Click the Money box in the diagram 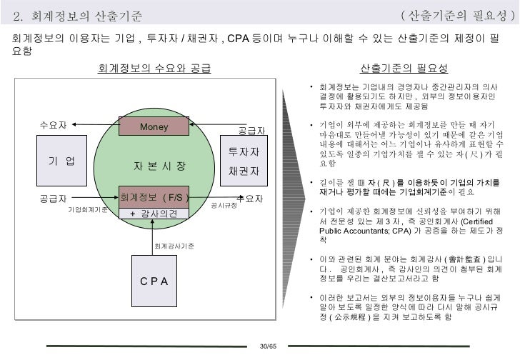point(154,127)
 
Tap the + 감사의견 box point(154,214)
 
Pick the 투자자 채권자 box point(244,161)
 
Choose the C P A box point(154,281)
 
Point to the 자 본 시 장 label point(159,165)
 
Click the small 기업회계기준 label point(88,210)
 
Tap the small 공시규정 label point(224,205)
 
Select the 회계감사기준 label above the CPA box point(174,246)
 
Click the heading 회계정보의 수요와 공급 point(154,69)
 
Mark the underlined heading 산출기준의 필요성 point(404,69)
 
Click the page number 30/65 point(267,346)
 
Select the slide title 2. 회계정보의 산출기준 point(78,15)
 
